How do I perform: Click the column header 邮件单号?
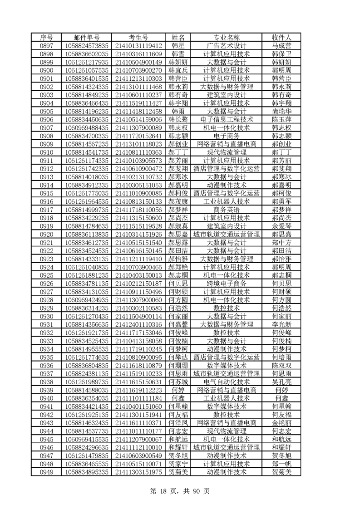click(87, 38)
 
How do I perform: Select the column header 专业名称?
click(227, 38)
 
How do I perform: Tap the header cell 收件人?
click(281, 38)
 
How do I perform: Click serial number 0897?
click(46, 46)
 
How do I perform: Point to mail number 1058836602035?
click(87, 54)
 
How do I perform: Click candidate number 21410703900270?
click(138, 70)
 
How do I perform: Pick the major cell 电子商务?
click(227, 136)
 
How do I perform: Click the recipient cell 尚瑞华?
click(281, 111)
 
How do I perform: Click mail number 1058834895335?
click(87, 472)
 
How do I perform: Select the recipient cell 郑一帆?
click(281, 464)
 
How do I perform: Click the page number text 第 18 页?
click(159, 491)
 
